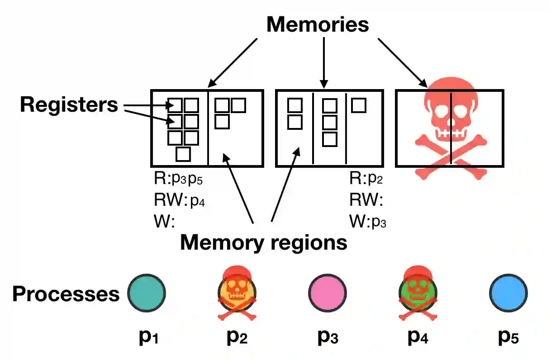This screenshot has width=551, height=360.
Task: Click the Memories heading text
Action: pyautogui.click(x=318, y=24)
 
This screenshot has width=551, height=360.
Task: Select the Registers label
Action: pyautogui.click(x=69, y=104)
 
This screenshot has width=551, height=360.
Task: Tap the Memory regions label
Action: pyautogui.click(x=263, y=242)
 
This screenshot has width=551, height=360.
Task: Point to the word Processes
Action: pyautogui.click(x=66, y=294)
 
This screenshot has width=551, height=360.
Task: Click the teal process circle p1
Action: pyautogui.click(x=146, y=292)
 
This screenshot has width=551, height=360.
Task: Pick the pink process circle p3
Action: pyautogui.click(x=327, y=292)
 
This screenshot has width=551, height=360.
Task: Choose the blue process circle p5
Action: pyautogui.click(x=508, y=292)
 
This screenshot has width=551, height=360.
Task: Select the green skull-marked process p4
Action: pyautogui.click(x=418, y=292)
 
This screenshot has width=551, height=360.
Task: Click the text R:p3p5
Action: pyautogui.click(x=178, y=180)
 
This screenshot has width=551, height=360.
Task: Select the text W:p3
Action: pyautogui.click(x=367, y=221)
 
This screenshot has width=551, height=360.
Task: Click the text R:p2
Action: pyautogui.click(x=366, y=180)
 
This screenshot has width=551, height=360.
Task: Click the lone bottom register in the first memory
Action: pyautogui.click(x=183, y=154)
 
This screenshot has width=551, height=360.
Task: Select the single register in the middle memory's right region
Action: pyautogui.click(x=359, y=105)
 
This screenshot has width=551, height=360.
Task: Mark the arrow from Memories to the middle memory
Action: pyautogui.click(x=324, y=61)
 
